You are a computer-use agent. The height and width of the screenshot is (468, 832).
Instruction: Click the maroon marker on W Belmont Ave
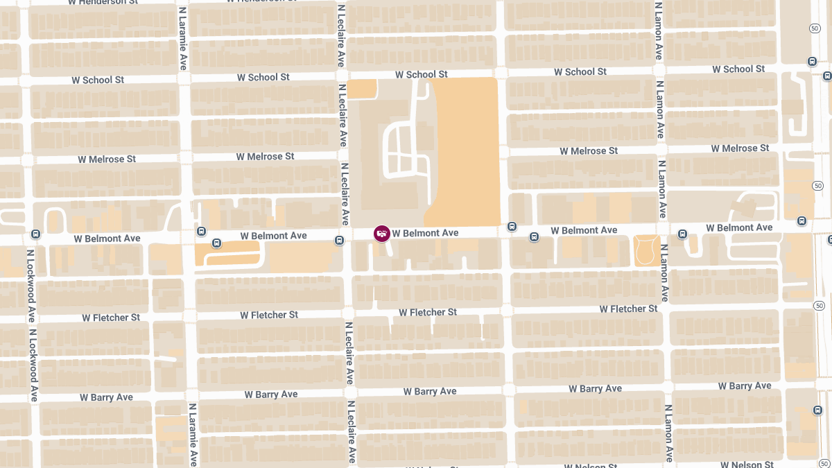[x=381, y=234]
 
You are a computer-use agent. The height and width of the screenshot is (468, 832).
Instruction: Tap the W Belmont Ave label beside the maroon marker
[x=425, y=233]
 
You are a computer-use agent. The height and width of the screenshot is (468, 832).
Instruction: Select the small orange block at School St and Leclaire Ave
[x=362, y=88]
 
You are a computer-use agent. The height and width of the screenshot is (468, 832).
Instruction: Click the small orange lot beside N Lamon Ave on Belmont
[x=646, y=250]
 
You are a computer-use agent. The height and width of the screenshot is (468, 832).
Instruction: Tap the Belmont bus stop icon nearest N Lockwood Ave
[x=35, y=234]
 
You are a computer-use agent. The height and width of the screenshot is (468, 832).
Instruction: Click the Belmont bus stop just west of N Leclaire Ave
[x=339, y=241]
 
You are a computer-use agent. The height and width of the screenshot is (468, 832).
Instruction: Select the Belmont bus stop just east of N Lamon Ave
[x=682, y=234]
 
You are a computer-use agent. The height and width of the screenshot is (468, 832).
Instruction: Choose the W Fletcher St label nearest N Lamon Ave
[x=628, y=309]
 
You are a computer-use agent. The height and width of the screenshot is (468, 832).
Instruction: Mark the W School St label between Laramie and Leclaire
[x=263, y=77]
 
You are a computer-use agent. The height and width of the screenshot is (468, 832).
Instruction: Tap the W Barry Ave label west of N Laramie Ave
[x=106, y=397]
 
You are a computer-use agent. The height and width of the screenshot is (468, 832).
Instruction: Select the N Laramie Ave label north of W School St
[x=182, y=38]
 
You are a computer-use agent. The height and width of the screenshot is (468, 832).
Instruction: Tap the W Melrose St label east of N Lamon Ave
[x=740, y=148]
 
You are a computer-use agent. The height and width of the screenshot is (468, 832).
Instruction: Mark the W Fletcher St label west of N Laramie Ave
[x=111, y=318]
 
